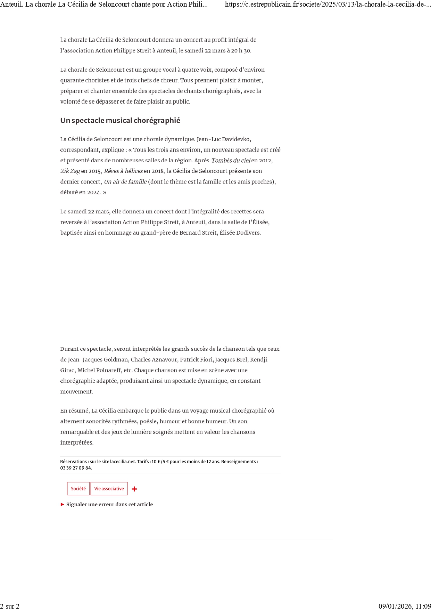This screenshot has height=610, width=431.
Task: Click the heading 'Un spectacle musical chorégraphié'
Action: [x=120, y=121]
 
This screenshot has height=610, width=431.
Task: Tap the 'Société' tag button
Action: [x=78, y=489]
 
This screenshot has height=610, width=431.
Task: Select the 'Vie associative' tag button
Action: [x=109, y=489]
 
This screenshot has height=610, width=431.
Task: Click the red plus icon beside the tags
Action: [x=134, y=489]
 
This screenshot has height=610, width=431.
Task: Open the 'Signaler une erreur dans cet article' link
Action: [x=109, y=504]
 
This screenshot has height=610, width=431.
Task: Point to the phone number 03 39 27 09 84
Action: [x=76, y=468]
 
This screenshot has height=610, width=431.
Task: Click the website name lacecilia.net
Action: [x=123, y=462]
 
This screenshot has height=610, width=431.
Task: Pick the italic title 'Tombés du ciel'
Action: [x=231, y=161]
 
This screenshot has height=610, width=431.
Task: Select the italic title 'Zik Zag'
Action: [x=70, y=171]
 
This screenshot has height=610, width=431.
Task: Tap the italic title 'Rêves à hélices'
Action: [x=123, y=171]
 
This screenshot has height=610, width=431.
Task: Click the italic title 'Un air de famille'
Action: [x=125, y=182]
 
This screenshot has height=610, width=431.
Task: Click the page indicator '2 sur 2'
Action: [x=10, y=606]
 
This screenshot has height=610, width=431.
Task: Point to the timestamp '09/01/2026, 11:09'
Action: [x=405, y=606]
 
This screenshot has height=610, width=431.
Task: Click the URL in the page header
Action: [x=328, y=5]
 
